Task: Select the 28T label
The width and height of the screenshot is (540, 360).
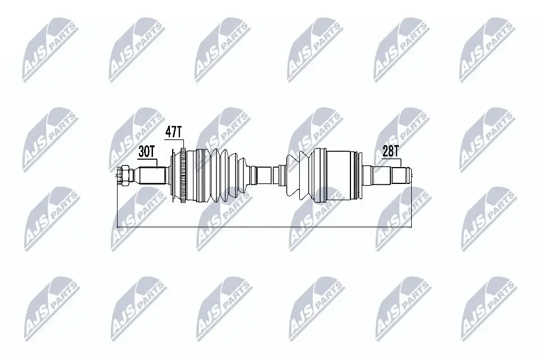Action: (x=390, y=151)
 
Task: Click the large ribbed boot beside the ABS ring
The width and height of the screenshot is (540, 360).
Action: (x=214, y=174)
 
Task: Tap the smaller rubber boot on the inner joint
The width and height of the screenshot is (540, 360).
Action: (x=298, y=174)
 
